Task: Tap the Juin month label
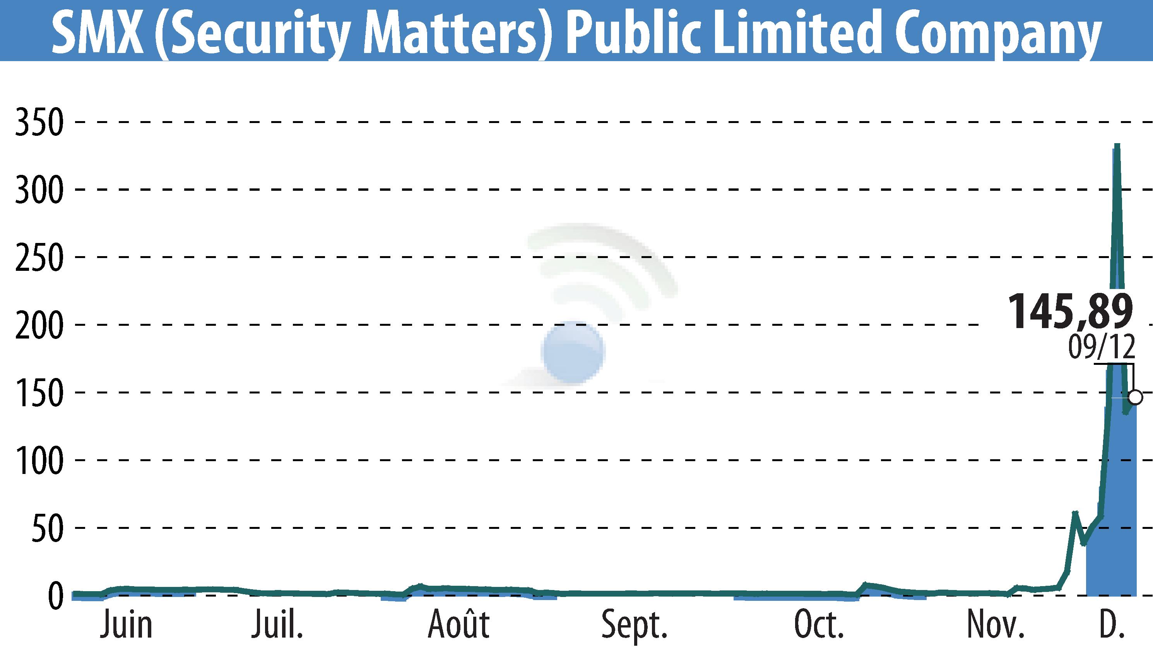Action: [x=127, y=625]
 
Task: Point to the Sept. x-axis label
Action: [x=634, y=625]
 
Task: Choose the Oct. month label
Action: [x=818, y=625]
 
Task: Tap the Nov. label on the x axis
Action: [x=995, y=625]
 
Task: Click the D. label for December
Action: [x=1112, y=625]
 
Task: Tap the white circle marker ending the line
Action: [x=1136, y=397]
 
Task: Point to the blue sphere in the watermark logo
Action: [x=573, y=352]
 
